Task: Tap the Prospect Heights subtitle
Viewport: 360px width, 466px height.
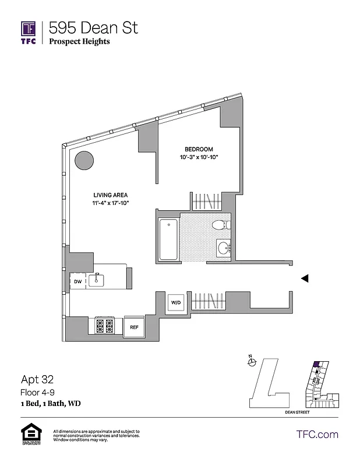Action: coord(79,41)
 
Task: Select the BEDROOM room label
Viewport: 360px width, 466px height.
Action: coord(199,149)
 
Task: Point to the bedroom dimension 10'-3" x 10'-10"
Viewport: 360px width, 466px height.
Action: coord(199,158)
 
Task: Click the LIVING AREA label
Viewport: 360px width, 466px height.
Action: coord(111,195)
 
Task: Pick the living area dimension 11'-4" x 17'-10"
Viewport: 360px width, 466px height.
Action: coord(111,203)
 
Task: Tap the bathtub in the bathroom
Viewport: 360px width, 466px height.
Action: coord(168,239)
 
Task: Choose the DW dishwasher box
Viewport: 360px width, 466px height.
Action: coord(78,281)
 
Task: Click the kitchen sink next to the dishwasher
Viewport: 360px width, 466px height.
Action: coord(97,281)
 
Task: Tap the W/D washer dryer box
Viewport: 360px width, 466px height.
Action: coord(177,302)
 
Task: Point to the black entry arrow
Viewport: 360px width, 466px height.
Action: coord(303,279)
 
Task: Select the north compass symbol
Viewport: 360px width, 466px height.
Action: coord(251,361)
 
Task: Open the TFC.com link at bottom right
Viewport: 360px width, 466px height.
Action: coord(317,434)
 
